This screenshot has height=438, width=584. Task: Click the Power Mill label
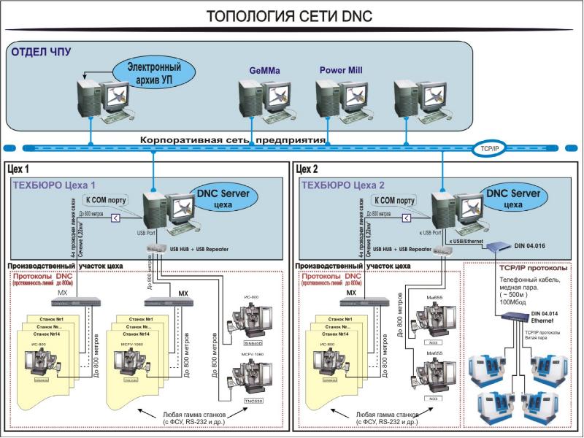[x=341, y=71]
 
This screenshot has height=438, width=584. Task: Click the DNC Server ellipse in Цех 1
[x=223, y=199]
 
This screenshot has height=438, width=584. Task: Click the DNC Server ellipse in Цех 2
[x=514, y=199]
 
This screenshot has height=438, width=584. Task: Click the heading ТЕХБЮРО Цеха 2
[x=344, y=185]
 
